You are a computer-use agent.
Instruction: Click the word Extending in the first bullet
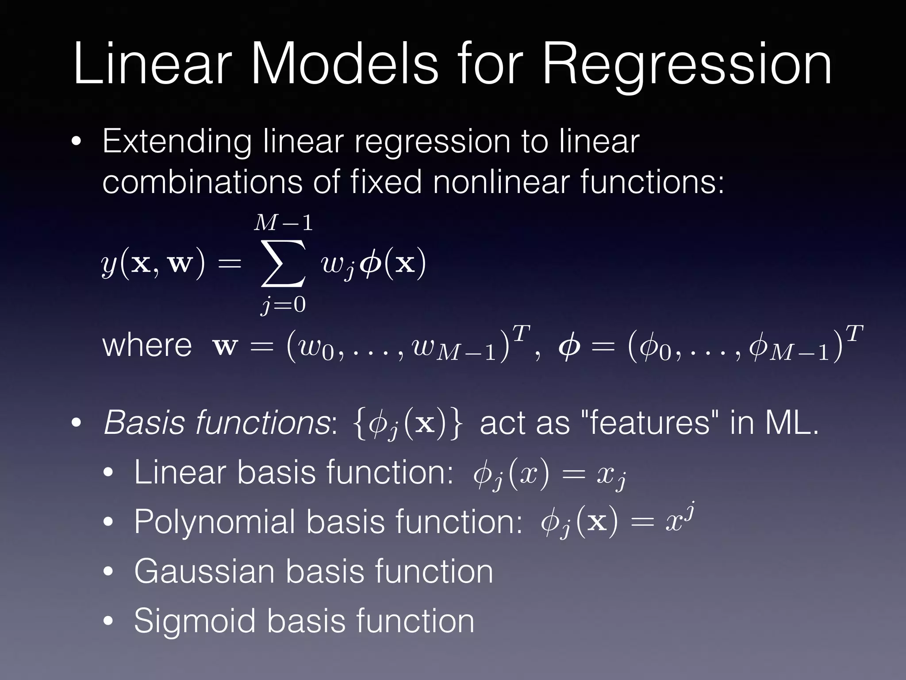tap(176, 142)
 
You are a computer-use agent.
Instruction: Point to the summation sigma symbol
tap(283, 264)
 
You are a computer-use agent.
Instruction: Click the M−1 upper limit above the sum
tap(283, 223)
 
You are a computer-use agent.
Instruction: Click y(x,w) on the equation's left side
tap(153, 264)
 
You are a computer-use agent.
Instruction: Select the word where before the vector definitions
tap(147, 345)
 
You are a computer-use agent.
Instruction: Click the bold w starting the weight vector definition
tap(225, 347)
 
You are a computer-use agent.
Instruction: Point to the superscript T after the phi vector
tap(855, 333)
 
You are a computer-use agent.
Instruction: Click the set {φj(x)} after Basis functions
tap(408, 424)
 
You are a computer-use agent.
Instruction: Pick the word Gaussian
tap(204, 572)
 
